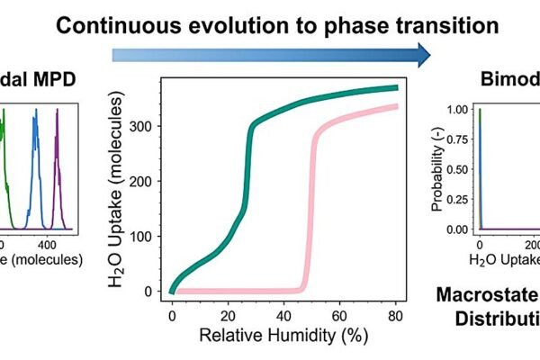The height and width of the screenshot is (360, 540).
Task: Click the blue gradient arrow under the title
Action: [x=270, y=57]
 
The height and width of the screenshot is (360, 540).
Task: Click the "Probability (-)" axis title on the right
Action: [x=437, y=170]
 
